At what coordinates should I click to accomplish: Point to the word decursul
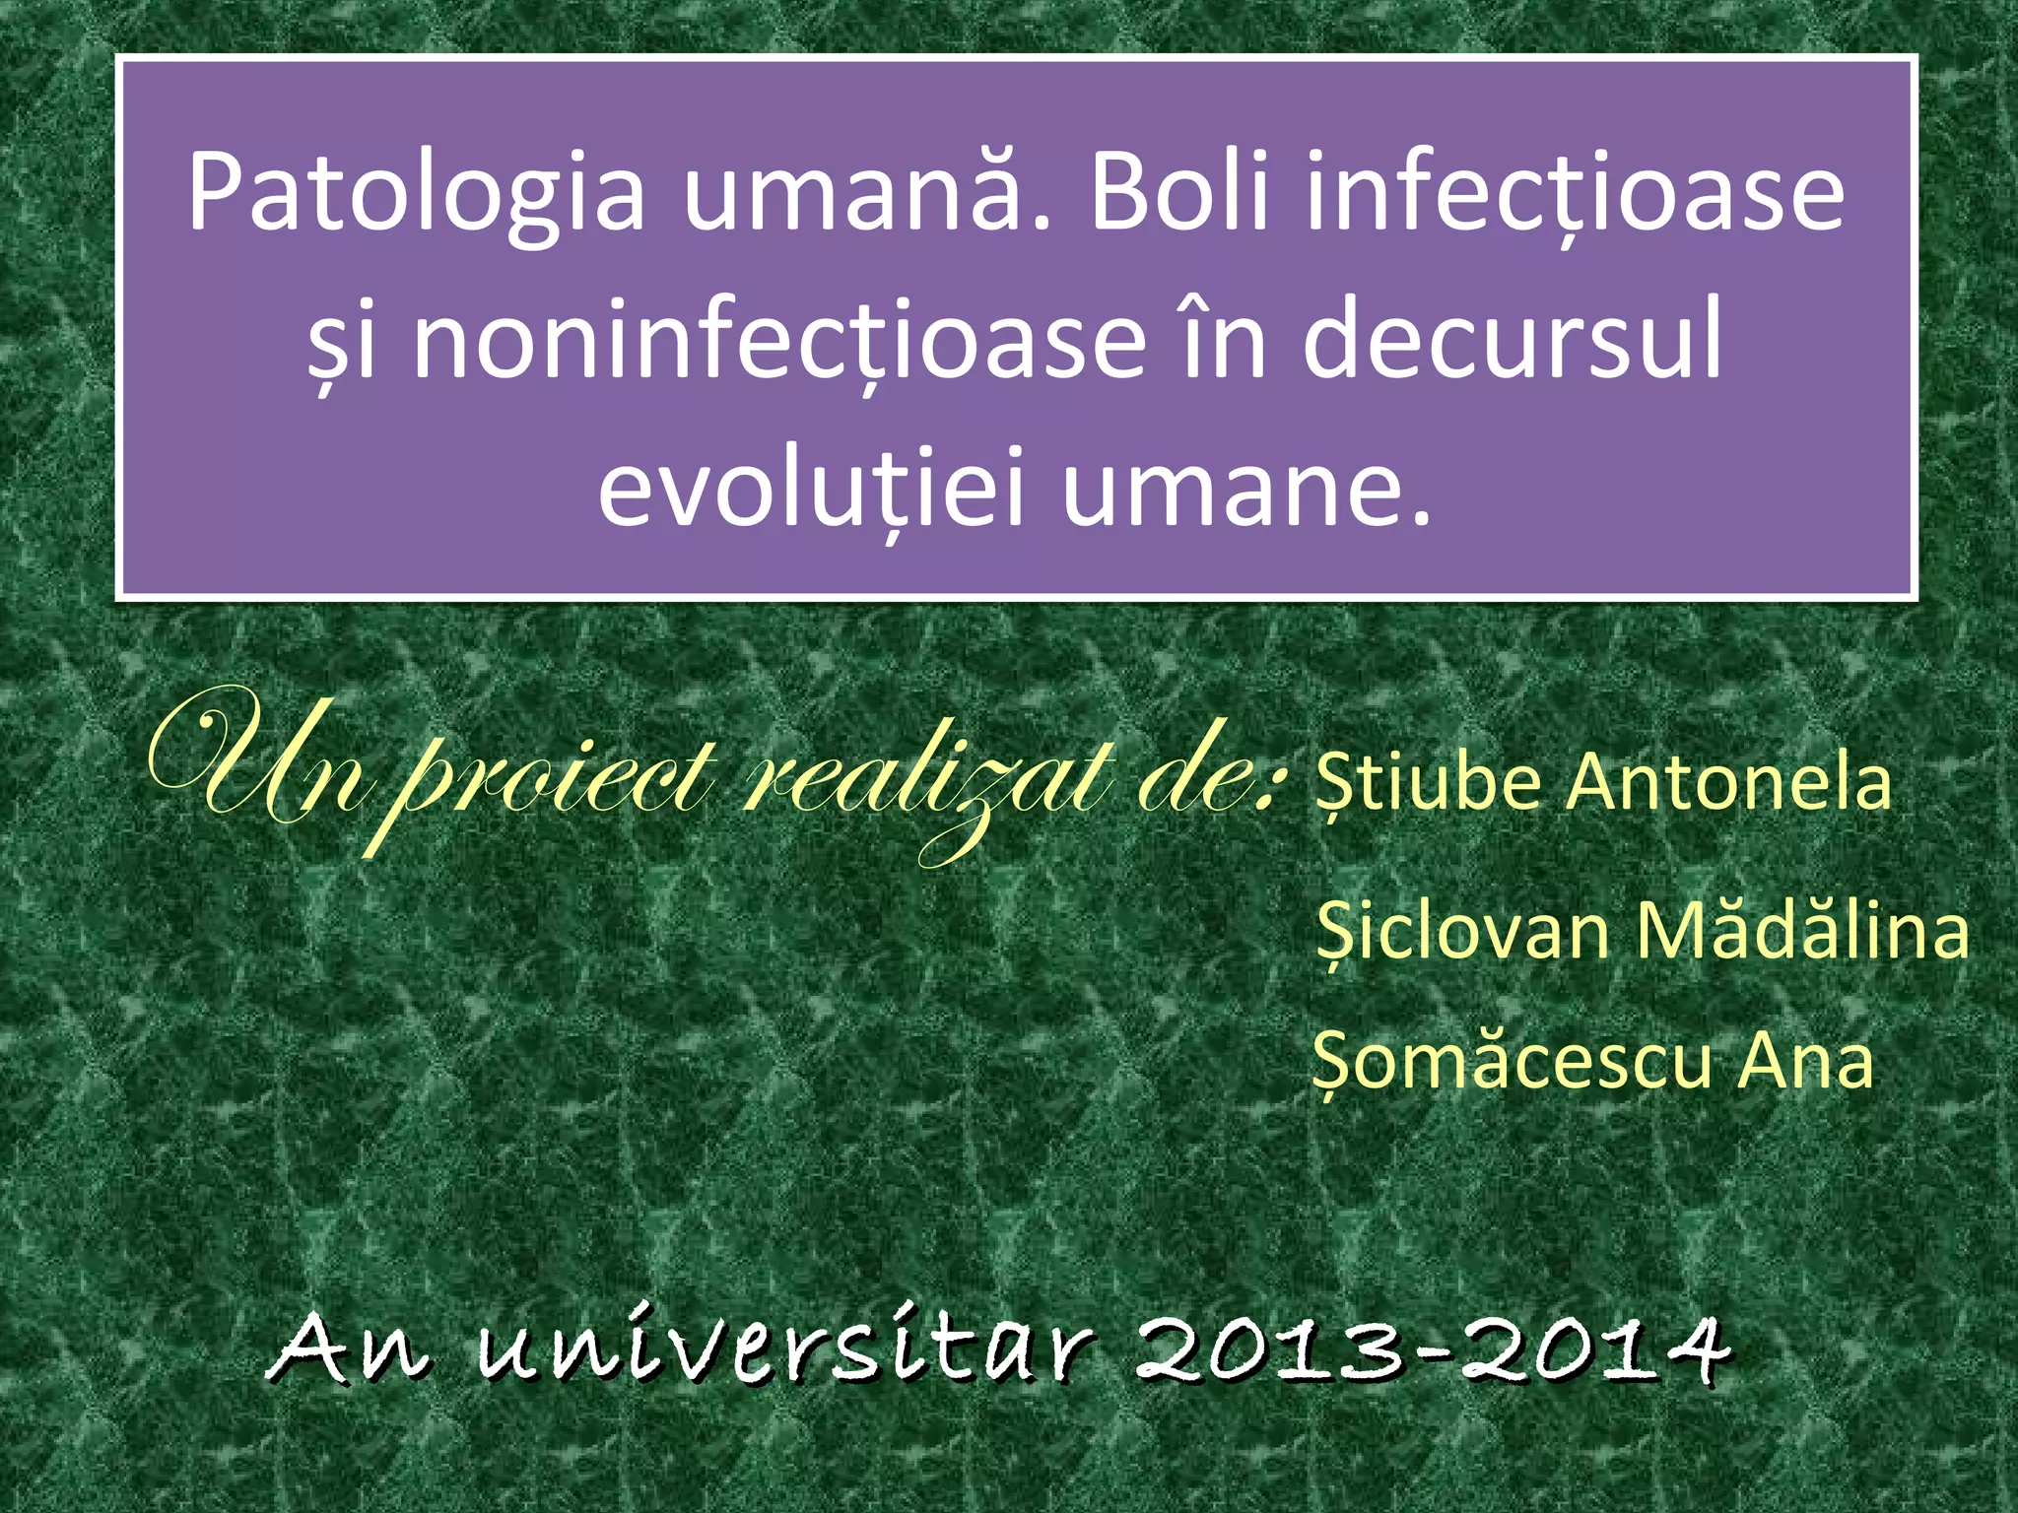(x=1513, y=339)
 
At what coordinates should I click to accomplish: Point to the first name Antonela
(x=1729, y=783)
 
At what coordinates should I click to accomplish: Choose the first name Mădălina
(x=1802, y=930)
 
